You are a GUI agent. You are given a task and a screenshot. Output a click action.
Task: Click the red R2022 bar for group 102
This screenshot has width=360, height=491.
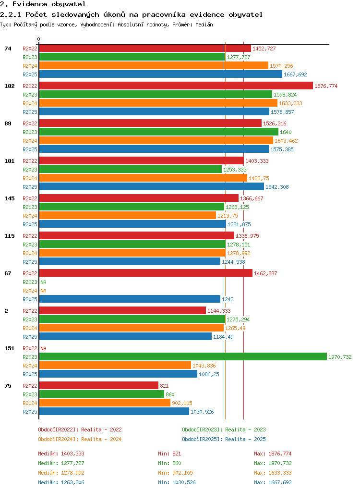(x=176, y=86)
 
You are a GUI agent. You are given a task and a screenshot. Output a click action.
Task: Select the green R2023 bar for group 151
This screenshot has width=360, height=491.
(x=183, y=356)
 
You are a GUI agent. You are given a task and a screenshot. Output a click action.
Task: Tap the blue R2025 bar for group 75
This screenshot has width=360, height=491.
(x=114, y=411)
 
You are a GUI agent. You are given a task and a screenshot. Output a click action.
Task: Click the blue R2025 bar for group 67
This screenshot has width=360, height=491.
(x=130, y=299)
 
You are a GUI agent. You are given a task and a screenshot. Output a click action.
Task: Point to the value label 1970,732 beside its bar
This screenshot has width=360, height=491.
(x=340, y=357)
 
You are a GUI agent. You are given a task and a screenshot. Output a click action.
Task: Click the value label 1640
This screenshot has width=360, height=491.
(x=286, y=132)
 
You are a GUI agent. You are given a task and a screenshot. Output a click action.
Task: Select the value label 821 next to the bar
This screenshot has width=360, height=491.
(x=164, y=386)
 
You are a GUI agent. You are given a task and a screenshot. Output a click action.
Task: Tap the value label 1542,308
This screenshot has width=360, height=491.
(x=277, y=187)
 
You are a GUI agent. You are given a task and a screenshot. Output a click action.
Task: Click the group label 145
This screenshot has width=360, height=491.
(x=10, y=198)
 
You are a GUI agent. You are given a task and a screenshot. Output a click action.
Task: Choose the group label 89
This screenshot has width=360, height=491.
(x=8, y=123)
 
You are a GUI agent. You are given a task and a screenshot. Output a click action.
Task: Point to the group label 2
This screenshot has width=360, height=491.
(x=6, y=311)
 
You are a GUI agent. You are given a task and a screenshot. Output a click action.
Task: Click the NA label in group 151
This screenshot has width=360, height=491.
(x=44, y=348)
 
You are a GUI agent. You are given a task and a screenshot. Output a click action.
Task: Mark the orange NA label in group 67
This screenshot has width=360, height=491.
(x=44, y=291)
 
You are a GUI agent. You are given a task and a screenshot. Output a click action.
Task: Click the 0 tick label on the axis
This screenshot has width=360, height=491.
(x=39, y=39)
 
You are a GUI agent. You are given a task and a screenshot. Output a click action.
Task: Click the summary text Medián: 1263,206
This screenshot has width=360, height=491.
(x=61, y=482)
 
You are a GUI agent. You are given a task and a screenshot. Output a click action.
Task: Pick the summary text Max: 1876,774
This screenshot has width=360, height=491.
(x=273, y=454)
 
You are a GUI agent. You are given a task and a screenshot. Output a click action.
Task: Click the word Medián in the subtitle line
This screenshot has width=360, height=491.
(x=204, y=25)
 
